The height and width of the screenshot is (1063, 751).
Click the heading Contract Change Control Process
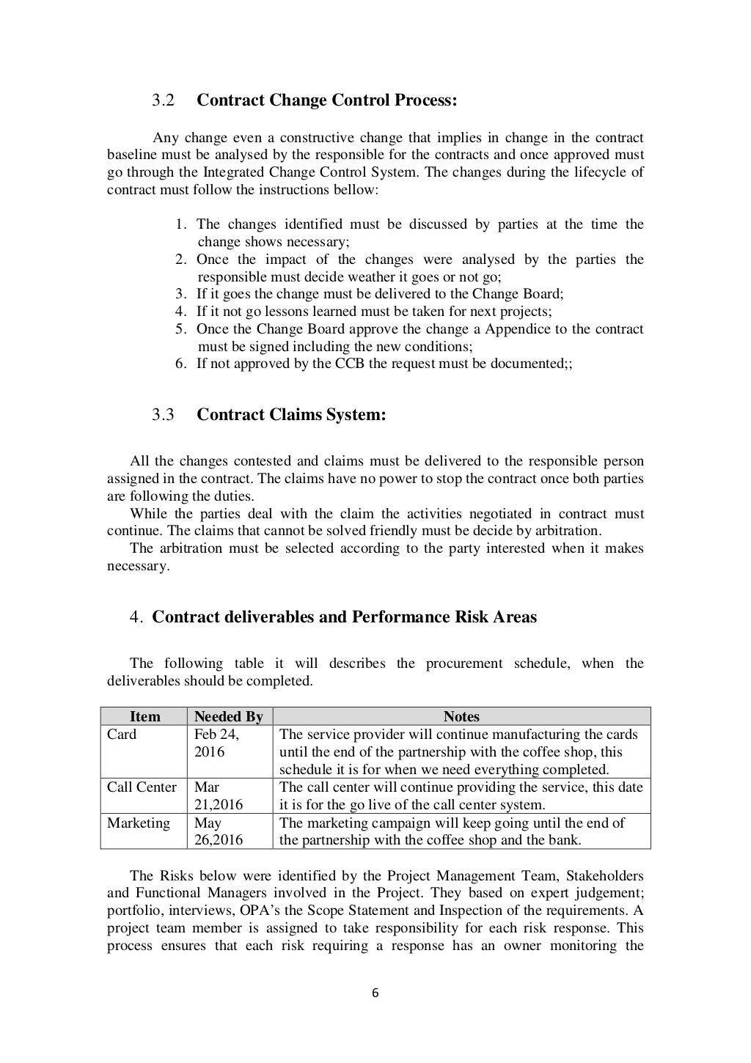(326, 100)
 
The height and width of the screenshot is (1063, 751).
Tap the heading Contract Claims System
(291, 415)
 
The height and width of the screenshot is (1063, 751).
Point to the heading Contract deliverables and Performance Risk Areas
(344, 617)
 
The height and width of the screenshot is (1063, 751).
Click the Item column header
(144, 717)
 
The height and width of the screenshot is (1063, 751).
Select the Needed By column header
(228, 717)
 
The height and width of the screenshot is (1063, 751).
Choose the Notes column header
(461, 717)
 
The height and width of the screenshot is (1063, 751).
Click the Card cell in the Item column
(122, 735)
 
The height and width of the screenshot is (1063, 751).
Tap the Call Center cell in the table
(142, 787)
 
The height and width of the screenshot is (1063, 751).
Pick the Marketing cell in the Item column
(138, 823)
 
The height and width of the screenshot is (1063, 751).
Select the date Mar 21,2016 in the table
(218, 796)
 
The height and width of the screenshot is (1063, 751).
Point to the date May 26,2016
(218, 832)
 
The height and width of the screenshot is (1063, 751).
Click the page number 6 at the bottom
(375, 994)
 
